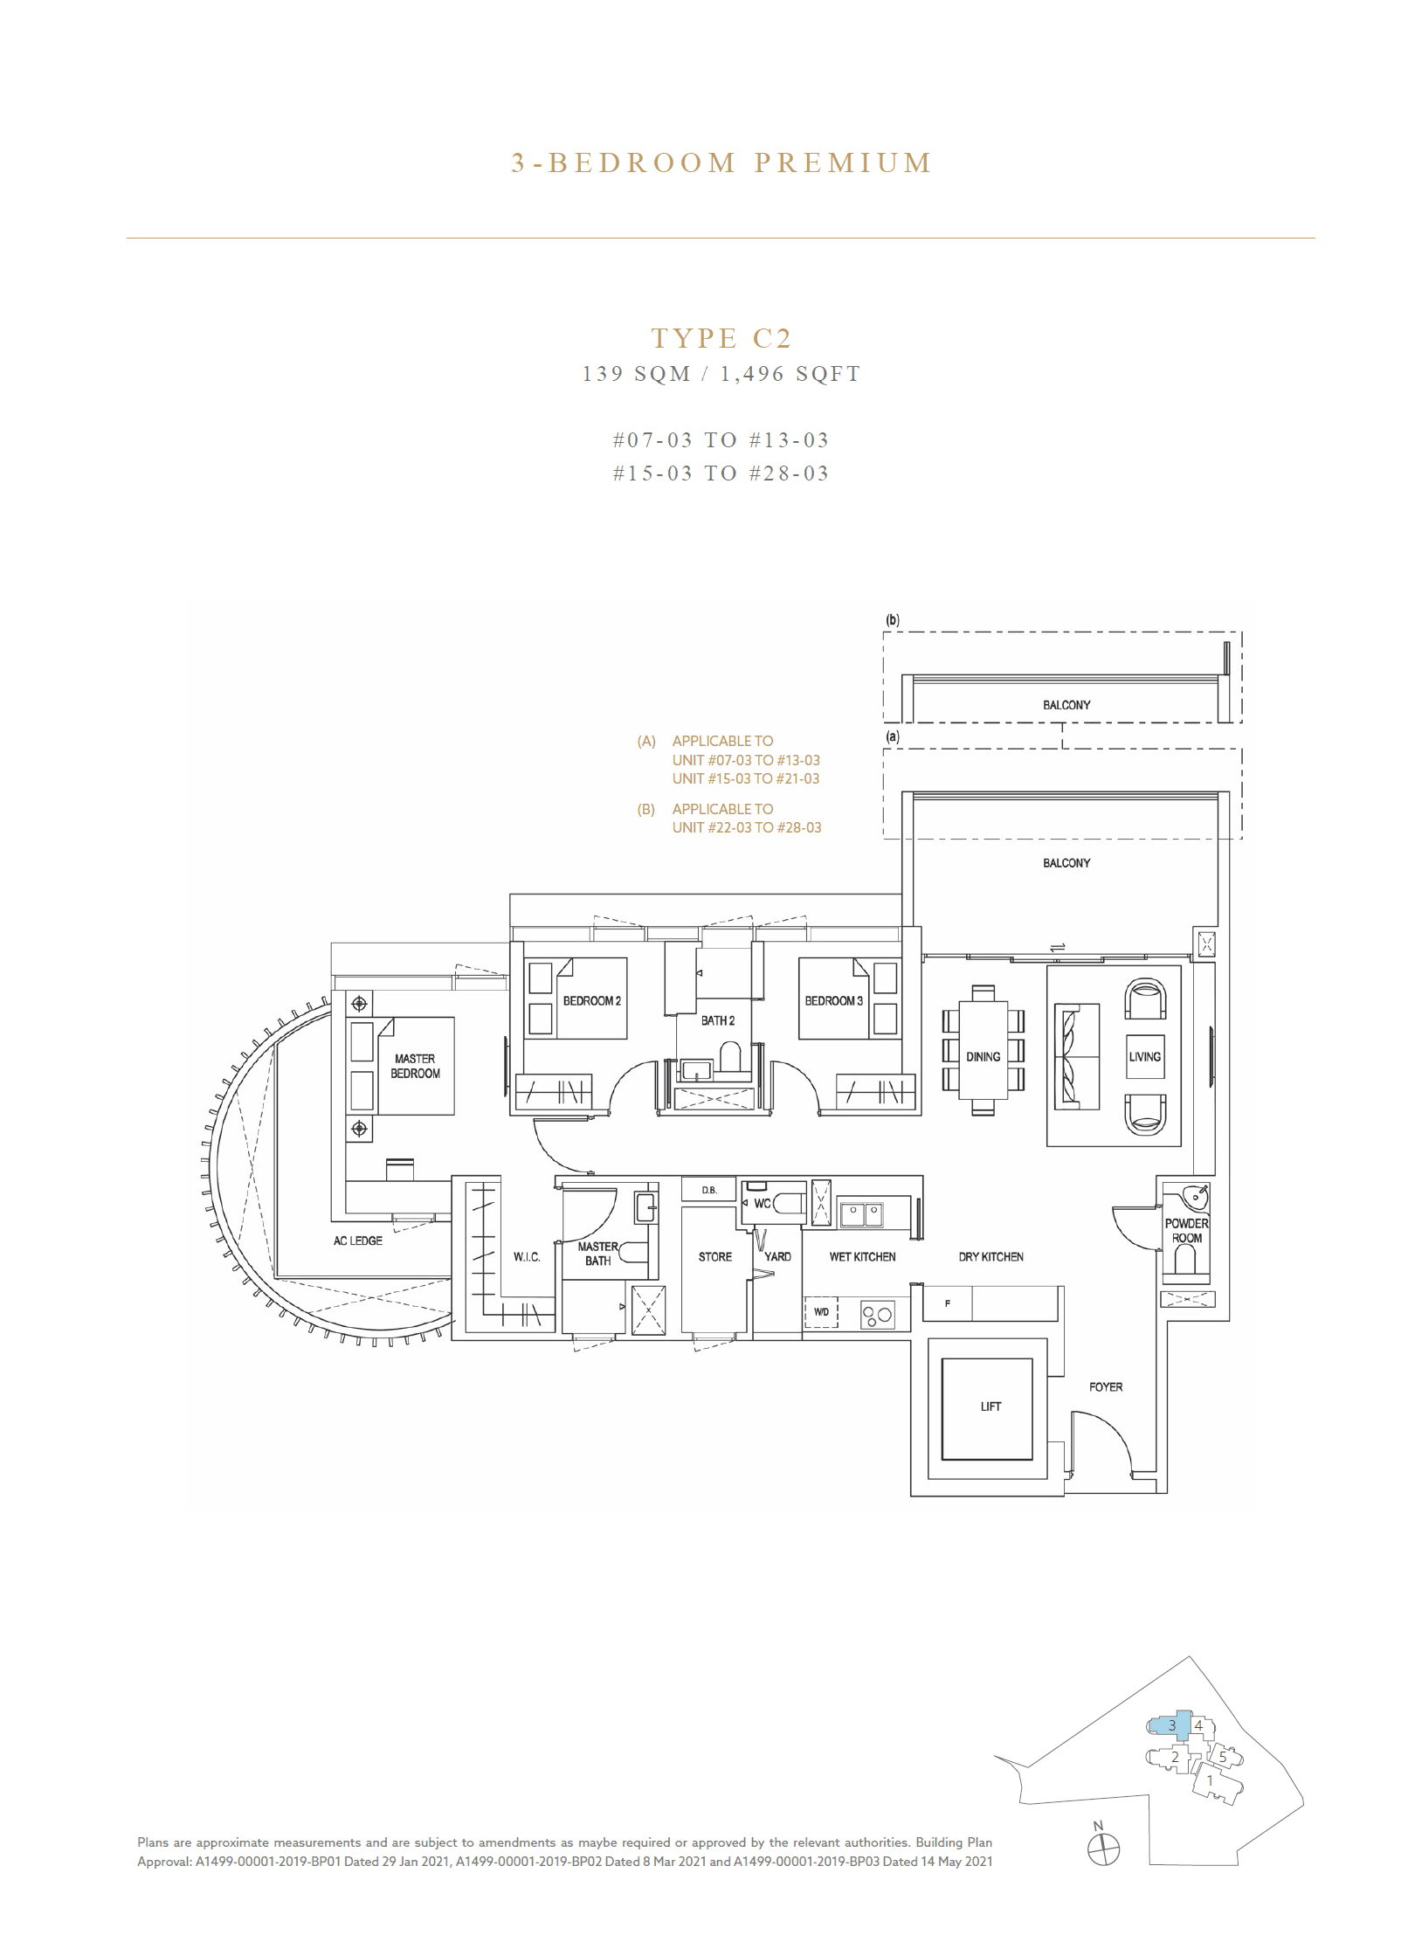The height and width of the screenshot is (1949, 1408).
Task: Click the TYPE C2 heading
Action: tap(721, 338)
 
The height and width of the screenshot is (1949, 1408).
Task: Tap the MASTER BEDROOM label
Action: tap(415, 1066)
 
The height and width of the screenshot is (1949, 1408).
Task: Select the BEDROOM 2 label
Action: tap(591, 1001)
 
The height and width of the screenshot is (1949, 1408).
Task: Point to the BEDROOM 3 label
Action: tap(833, 1001)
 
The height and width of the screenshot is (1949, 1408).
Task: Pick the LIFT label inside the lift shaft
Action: tap(990, 1406)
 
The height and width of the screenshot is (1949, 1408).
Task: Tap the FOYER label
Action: tap(1105, 1386)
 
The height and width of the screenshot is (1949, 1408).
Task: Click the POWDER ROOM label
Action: tap(1186, 1231)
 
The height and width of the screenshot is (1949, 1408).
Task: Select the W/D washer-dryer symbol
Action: tap(821, 1312)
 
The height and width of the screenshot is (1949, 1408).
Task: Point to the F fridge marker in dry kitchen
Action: tap(948, 1303)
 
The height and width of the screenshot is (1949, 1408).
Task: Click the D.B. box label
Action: tap(708, 1190)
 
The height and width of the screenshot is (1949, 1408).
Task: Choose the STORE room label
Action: tap(714, 1257)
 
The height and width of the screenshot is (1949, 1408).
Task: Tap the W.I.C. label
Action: tap(527, 1257)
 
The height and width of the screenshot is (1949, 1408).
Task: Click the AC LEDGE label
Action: tap(357, 1241)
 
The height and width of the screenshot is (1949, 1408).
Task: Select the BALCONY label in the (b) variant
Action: tap(1066, 705)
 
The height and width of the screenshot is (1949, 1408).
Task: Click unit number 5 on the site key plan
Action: tap(1222, 1757)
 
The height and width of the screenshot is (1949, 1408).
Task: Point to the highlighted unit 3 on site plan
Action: tap(1172, 1725)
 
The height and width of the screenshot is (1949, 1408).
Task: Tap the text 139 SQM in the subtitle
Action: tap(636, 374)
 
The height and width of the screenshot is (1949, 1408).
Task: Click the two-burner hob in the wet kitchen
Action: tap(878, 1315)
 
